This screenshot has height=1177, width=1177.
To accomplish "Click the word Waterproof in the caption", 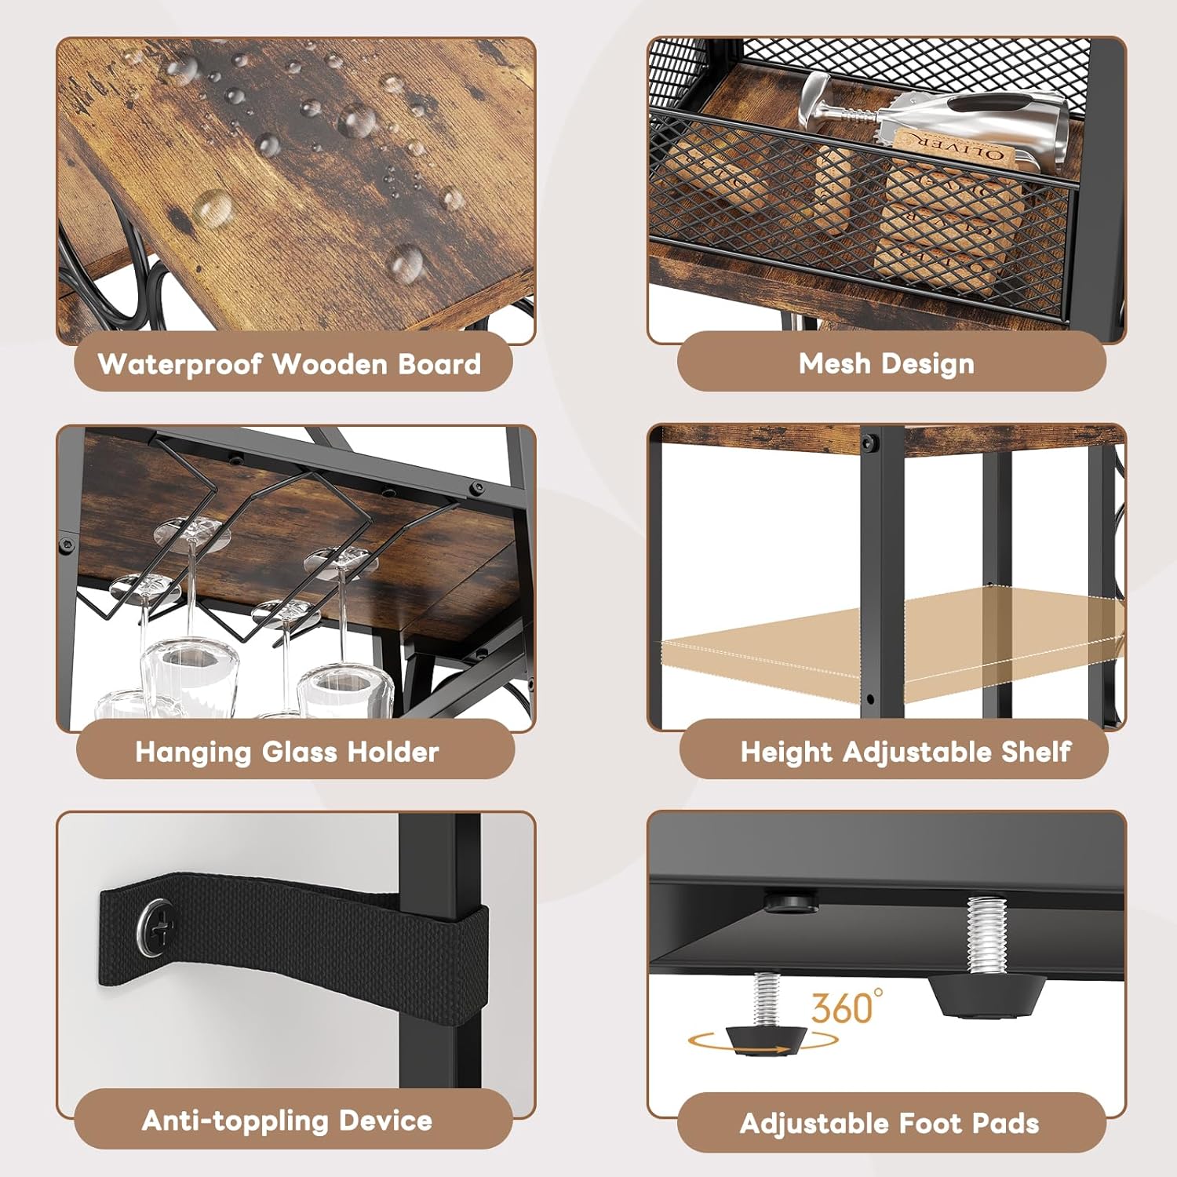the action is coord(180,364).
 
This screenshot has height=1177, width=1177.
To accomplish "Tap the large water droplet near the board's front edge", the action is coord(406,263).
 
